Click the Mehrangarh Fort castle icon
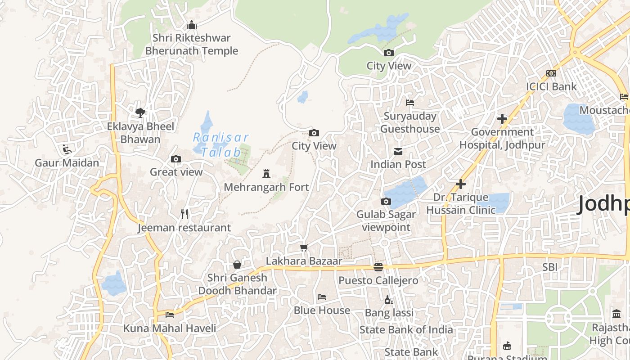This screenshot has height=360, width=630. (x=266, y=173)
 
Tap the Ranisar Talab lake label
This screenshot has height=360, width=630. (x=221, y=144)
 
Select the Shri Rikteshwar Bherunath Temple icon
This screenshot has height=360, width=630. (x=192, y=25)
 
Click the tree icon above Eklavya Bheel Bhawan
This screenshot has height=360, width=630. (x=140, y=112)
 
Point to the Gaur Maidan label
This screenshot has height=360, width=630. (x=67, y=162)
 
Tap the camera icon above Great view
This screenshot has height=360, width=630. (x=176, y=159)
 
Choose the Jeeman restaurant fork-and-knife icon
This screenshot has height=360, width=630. (x=184, y=214)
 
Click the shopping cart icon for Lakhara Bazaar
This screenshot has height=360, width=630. (x=304, y=247)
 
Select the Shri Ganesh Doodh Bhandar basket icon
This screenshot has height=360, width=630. (x=237, y=265)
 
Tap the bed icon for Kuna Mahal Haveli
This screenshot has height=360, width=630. (x=170, y=315)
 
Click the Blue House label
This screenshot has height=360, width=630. (x=322, y=310)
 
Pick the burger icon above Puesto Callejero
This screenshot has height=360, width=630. (x=378, y=267)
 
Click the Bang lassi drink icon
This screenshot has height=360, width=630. (x=389, y=300)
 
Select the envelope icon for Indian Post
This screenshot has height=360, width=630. (x=398, y=151)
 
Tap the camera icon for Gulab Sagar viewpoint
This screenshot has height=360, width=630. (x=386, y=201)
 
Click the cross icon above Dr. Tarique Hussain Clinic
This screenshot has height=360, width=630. (x=460, y=184)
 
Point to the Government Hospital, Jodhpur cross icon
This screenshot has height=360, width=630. (x=502, y=119)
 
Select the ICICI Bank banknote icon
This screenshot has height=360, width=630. (x=551, y=73)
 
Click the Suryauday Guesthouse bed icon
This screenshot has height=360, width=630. (x=409, y=103)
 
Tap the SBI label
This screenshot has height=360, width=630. (x=549, y=267)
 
